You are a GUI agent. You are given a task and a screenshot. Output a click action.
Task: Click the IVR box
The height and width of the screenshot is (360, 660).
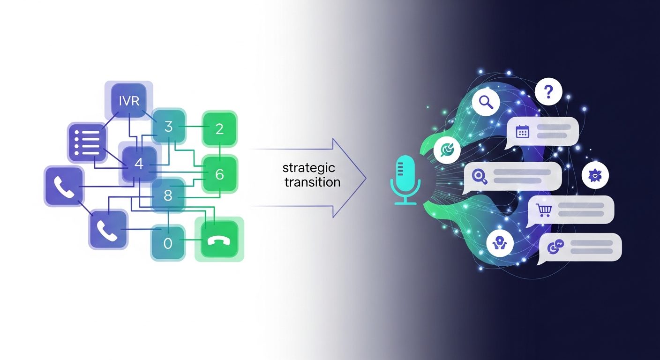[x=129, y=101]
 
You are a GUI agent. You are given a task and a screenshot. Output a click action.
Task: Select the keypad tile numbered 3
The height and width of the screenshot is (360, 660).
[x=169, y=127]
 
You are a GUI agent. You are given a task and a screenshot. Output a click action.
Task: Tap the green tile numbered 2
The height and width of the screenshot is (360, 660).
[x=219, y=129]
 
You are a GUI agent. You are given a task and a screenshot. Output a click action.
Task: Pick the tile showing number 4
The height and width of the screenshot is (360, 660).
[x=139, y=164]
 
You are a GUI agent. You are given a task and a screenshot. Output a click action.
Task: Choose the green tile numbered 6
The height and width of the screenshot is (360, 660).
[x=220, y=174]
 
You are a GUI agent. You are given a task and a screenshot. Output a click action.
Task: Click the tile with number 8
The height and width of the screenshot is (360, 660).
[x=168, y=195]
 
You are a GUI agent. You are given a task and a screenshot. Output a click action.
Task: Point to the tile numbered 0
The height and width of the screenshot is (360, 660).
[x=168, y=243]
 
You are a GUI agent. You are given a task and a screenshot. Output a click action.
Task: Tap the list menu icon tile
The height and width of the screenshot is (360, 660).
[x=87, y=142]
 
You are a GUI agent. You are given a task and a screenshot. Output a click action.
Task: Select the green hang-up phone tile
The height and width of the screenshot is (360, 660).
[x=219, y=239]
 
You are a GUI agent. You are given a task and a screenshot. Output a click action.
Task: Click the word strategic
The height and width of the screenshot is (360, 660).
[x=309, y=168]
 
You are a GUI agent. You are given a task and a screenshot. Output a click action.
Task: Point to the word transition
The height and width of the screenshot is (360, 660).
[x=313, y=182]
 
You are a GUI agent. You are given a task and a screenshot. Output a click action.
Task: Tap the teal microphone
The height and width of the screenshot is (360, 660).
[x=405, y=180]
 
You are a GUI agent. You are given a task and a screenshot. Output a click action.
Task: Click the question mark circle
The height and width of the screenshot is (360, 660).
[x=548, y=91]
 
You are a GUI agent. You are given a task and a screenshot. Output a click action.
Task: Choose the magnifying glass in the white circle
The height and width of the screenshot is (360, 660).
[x=486, y=102]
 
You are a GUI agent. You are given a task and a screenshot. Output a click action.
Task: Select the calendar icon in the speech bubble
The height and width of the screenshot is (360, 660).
[x=523, y=131]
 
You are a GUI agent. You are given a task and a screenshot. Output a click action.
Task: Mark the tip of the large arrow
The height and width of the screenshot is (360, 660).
[x=366, y=178]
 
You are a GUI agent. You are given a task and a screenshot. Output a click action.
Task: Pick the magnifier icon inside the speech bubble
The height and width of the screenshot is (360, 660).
[x=480, y=176]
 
